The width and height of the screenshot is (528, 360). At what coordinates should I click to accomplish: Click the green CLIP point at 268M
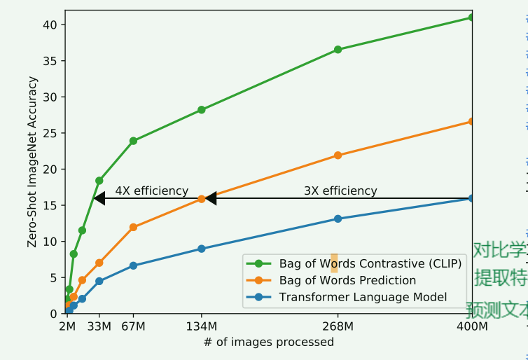pos(338,50)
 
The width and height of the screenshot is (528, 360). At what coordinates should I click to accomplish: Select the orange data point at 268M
pos(338,155)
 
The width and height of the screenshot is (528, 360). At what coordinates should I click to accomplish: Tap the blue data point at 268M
pos(338,219)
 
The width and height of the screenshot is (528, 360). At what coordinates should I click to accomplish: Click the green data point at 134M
pos(202,110)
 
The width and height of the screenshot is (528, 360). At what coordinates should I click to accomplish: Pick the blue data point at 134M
pos(202,249)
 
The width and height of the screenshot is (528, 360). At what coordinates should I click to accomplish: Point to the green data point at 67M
pos(133,141)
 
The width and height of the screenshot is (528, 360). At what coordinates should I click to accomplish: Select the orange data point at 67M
pos(133,227)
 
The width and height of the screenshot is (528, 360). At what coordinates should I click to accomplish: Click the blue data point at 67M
pos(133,265)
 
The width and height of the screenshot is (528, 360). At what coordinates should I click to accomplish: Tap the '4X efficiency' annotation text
pos(151,191)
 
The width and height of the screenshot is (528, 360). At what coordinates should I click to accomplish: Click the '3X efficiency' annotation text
pos(340,191)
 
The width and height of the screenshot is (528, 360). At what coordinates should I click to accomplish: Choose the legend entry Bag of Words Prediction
pos(347,280)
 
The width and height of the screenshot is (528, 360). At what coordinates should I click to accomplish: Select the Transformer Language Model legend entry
pos(363,297)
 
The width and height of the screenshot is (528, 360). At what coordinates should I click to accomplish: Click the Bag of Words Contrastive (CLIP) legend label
pos(370,263)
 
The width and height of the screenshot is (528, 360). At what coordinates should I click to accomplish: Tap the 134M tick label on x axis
pos(202,326)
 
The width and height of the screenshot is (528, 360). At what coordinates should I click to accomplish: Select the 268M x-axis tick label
pos(338,326)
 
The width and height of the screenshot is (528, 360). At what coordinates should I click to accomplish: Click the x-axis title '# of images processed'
pos(269,342)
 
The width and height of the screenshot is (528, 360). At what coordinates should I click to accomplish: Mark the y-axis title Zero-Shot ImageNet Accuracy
pos(32,162)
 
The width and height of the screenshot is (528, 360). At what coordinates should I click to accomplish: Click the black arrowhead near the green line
pos(99,199)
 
